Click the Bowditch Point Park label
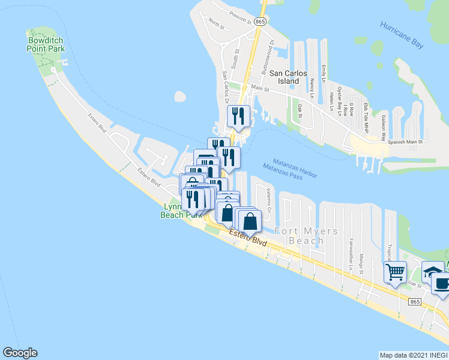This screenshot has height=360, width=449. point(46,44)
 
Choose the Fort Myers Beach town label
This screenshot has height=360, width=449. point(306,236)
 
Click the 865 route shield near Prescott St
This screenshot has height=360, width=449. point(260,21)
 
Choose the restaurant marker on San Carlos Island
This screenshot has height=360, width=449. point(238,115)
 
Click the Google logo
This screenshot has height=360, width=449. point(20,353)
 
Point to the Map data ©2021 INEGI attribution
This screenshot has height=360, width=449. point(413,355)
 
